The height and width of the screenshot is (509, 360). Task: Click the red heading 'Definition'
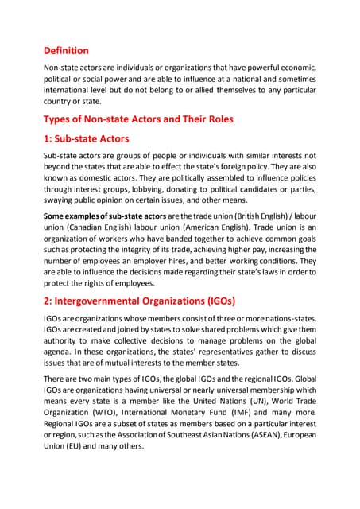(x=66, y=50)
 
